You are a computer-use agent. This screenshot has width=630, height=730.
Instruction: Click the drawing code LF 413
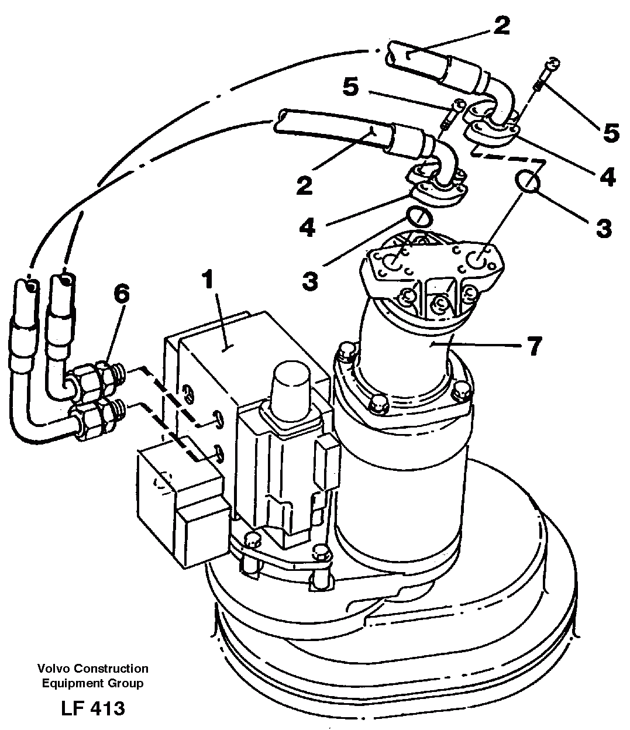point(92,708)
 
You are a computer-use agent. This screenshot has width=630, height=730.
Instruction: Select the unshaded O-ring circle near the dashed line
point(528,181)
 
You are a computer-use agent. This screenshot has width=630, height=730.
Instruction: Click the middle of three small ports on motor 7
point(440,303)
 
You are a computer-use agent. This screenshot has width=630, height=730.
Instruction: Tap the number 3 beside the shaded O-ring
point(310,281)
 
